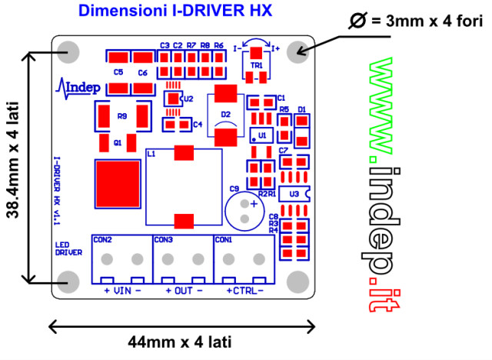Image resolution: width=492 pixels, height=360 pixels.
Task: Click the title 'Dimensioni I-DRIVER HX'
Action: click(x=175, y=12)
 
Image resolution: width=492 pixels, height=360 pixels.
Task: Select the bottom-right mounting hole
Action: click(x=297, y=280)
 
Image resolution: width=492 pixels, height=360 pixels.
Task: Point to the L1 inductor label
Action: click(x=151, y=155)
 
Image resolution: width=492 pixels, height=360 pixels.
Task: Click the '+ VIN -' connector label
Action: click(x=121, y=292)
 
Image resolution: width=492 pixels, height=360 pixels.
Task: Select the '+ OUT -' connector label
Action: click(x=184, y=292)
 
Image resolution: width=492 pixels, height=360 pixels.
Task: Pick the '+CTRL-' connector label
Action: click(x=244, y=292)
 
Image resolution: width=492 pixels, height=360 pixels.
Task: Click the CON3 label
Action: click(x=164, y=240)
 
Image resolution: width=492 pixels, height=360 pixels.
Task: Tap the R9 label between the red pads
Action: click(x=121, y=116)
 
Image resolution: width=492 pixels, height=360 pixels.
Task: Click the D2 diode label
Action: click(x=225, y=115)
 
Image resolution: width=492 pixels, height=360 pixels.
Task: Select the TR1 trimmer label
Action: click(x=256, y=66)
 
